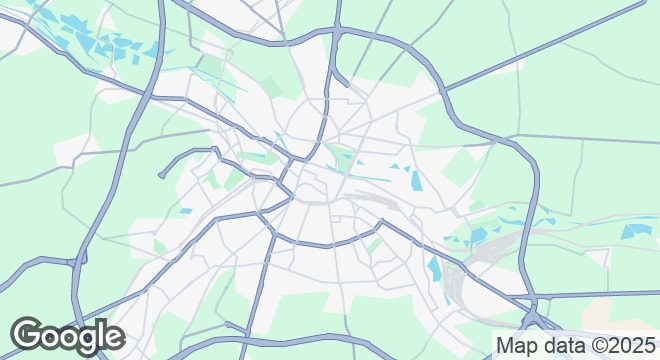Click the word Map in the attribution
tap(517, 345)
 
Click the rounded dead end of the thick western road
tap(161, 176)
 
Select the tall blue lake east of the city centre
tap(415, 180)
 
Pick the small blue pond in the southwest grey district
tap(185, 211)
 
